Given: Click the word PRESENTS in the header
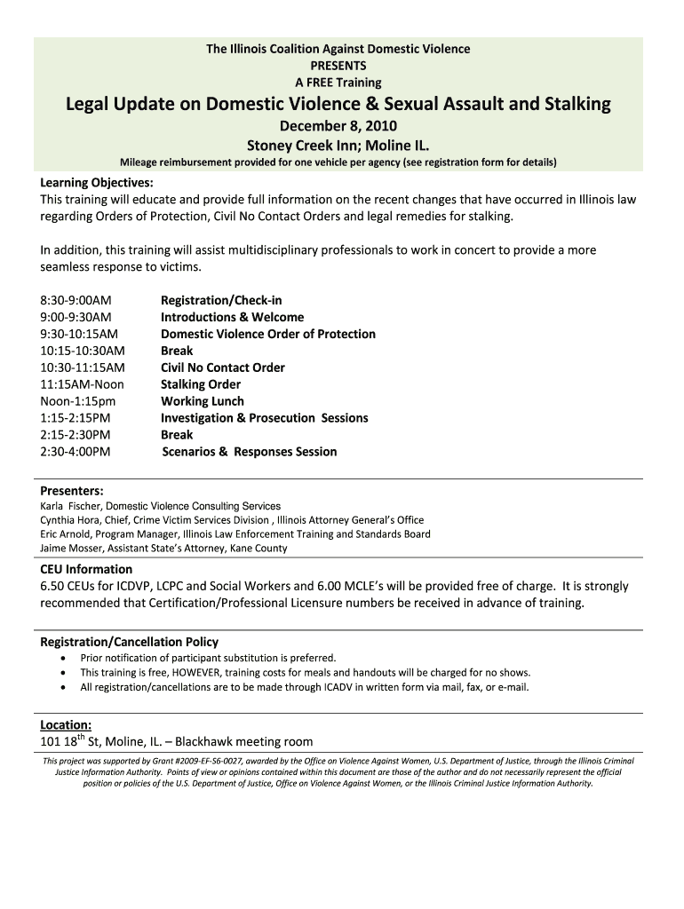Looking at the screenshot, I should point(338,66).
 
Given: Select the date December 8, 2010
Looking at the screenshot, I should point(338,126).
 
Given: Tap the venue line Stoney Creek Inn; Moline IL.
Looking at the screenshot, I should point(338,145).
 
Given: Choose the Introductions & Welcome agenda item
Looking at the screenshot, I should point(232,317).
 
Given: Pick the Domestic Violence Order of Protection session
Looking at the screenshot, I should point(267,334).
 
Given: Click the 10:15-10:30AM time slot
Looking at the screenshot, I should point(83,351).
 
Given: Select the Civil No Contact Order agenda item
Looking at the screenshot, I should point(222,368).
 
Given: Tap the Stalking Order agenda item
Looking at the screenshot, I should point(200,384).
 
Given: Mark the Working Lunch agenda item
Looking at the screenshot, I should point(202,401).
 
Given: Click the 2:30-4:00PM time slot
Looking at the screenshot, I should point(76,452).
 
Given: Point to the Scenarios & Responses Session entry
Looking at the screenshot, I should point(250,452).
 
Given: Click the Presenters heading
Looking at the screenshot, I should point(71,491).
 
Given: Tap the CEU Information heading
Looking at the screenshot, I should point(86,569).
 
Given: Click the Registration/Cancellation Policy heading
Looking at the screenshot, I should point(129,642).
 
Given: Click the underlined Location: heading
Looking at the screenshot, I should point(66,724).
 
